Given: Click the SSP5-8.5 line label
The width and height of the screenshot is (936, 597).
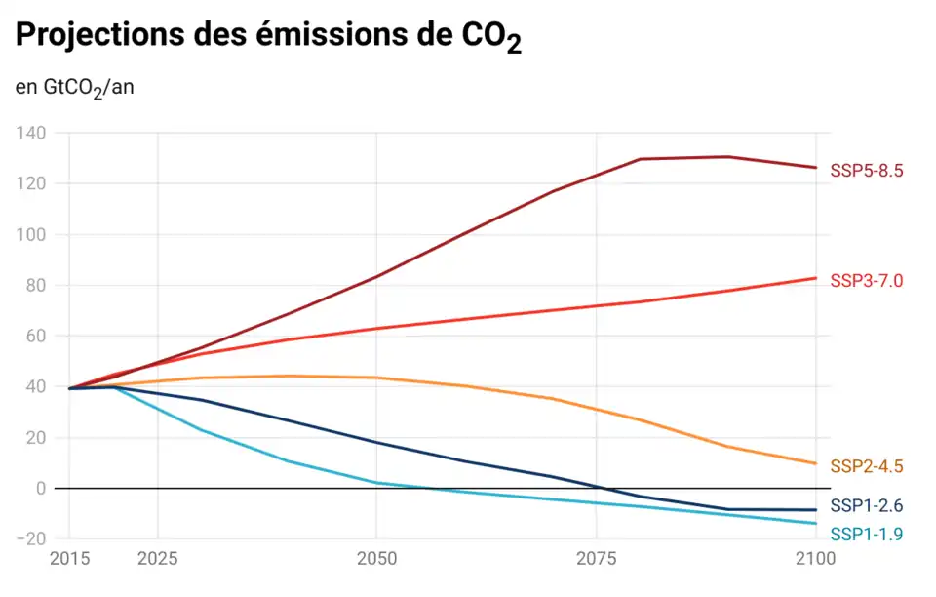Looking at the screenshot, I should click(x=866, y=171).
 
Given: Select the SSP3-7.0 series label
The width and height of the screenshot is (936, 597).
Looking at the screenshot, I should click(x=866, y=281).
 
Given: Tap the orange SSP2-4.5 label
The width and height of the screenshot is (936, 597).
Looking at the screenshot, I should click(x=866, y=466).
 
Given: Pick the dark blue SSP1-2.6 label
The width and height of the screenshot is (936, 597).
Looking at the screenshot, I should click(x=866, y=505).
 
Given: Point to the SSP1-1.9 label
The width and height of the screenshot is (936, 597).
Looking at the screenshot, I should click(x=866, y=534).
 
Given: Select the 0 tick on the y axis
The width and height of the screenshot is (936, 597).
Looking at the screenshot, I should click(x=40, y=488).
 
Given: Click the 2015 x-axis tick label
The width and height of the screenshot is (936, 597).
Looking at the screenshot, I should click(x=70, y=560).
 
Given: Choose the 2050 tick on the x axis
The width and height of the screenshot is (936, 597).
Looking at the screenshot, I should click(x=376, y=560).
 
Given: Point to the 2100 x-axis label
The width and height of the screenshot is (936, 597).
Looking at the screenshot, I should click(x=815, y=560).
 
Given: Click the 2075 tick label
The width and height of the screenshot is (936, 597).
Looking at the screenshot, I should click(x=597, y=560).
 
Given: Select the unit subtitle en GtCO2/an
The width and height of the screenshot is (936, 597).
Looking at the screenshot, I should click(x=74, y=88).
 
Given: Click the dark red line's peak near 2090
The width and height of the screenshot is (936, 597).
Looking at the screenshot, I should click(x=728, y=156).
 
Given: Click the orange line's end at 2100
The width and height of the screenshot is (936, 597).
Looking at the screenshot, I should click(x=816, y=463).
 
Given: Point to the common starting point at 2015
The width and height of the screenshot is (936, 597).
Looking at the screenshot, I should click(x=70, y=388).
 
